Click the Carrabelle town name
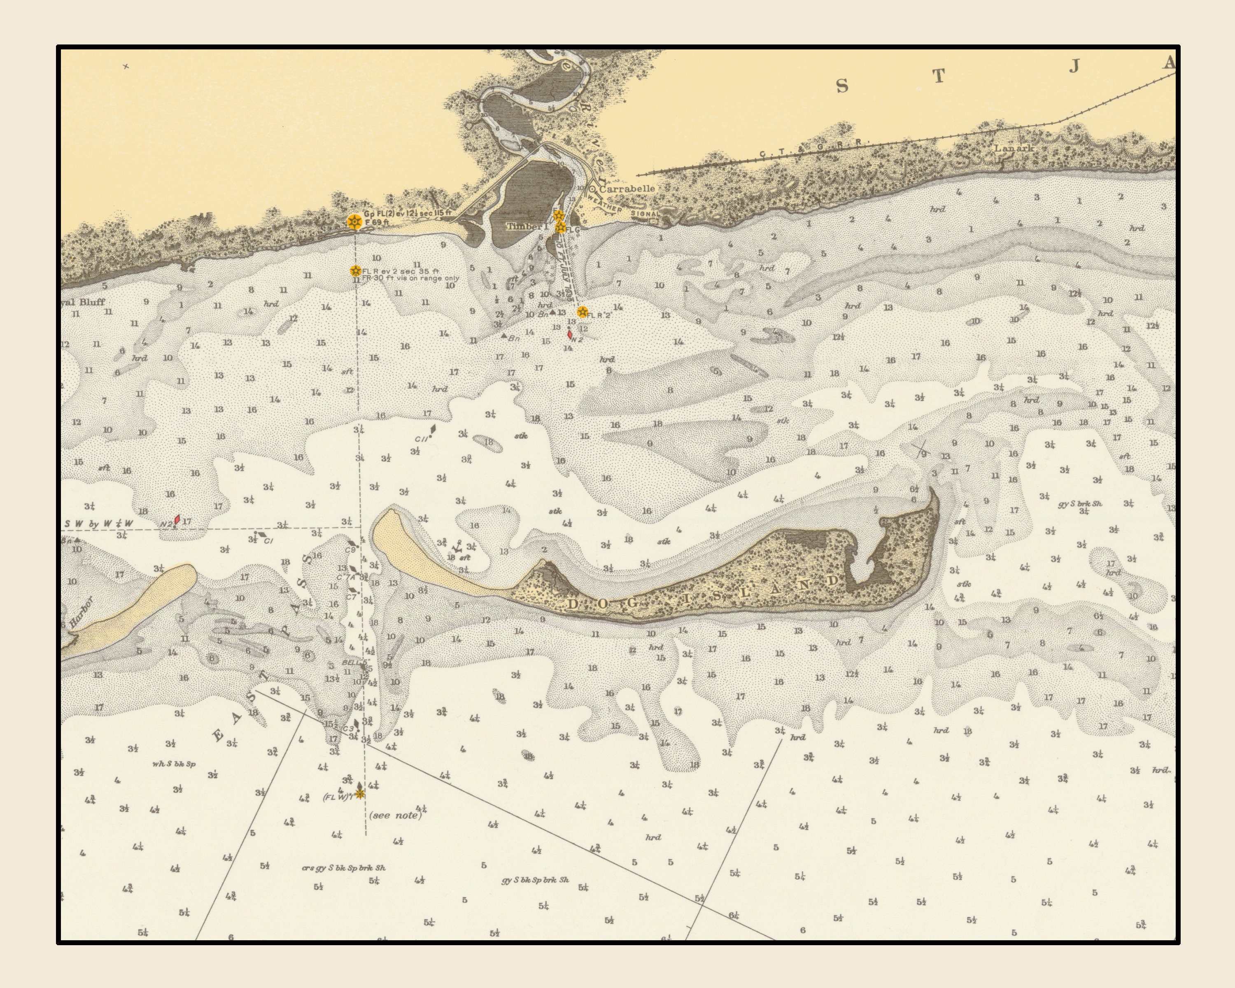627,189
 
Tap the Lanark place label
1014,148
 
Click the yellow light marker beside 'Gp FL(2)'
354,221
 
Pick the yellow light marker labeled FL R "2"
583,312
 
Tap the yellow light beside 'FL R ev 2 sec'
356,270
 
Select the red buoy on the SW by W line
177,520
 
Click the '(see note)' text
396,814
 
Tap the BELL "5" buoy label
354,663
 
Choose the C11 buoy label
422,439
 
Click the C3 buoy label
348,729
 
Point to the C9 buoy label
351,550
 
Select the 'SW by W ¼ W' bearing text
98,524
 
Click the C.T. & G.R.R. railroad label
813,148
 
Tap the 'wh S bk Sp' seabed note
174,764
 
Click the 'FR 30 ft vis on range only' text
410,278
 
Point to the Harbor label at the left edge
81,612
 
